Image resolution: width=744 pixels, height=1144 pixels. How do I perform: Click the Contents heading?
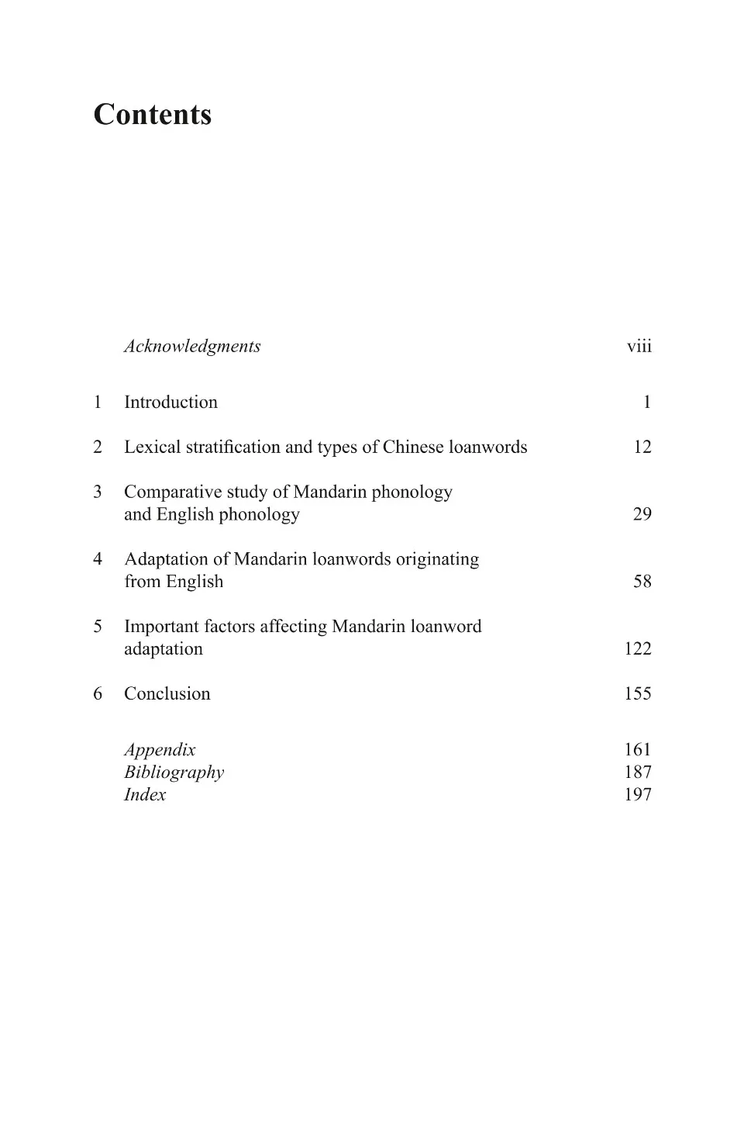coord(153,115)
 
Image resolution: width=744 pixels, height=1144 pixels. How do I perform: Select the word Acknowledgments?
coord(192,346)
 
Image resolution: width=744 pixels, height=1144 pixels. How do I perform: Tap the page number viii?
coord(639,346)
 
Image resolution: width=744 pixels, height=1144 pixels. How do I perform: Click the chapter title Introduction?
coord(170,402)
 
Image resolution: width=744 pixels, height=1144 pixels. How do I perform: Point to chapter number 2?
coord(98,447)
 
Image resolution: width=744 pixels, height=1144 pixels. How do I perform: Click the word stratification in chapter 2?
coord(230,447)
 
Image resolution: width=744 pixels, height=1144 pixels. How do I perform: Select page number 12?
coord(642,447)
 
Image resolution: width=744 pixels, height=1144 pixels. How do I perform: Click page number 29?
coord(642,514)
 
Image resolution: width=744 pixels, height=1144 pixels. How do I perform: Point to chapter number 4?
coord(98,559)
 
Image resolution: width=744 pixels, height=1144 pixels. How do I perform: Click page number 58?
coord(642,582)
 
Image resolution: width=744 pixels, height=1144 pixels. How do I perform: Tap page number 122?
coord(638,648)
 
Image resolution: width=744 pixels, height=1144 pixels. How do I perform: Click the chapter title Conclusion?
coord(167,693)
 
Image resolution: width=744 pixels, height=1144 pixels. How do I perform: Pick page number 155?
coord(638,693)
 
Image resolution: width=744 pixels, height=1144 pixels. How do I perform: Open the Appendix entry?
coord(160,749)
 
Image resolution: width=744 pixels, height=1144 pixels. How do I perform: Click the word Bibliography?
coord(174,772)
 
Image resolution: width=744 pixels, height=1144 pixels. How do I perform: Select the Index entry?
coord(145,794)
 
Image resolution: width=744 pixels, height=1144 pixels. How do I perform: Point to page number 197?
coord(638,794)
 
